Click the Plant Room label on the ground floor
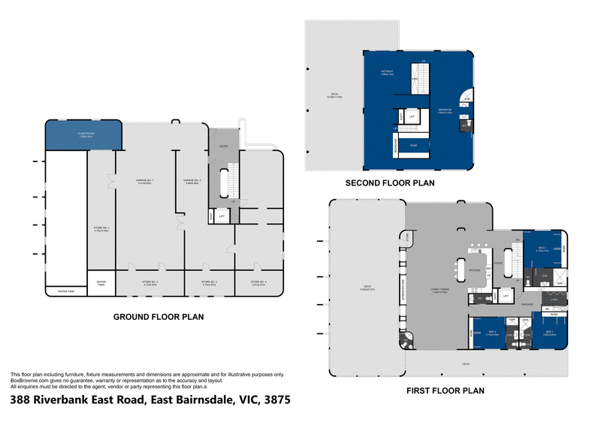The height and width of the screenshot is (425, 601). [x=83, y=136]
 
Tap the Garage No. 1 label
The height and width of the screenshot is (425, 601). [x=146, y=182]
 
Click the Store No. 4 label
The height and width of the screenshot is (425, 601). [x=258, y=284]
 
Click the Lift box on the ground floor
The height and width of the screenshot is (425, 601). [x=222, y=216]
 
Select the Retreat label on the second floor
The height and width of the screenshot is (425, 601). [x=388, y=73]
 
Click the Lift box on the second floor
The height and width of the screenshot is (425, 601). [x=412, y=117]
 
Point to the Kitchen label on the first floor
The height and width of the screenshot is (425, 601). [x=474, y=270]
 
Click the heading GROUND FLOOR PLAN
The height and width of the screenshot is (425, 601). [x=159, y=318]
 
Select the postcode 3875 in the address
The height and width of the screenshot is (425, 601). [x=272, y=401]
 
